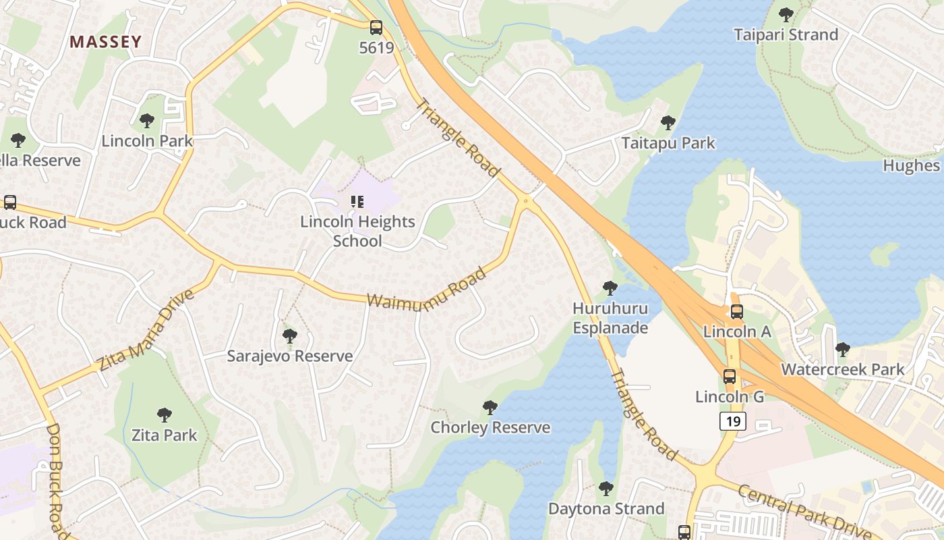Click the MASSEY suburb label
106,42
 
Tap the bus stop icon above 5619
376,28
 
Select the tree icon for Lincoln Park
146,122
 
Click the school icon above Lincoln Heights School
357,201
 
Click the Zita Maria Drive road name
146,330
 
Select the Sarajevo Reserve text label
289,356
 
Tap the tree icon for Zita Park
164,415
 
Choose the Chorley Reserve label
490,427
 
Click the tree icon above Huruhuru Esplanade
610,288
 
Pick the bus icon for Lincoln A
737,312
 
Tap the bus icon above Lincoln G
730,377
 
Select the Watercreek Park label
842,369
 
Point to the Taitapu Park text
668,143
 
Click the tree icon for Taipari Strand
786,14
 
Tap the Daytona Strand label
606,508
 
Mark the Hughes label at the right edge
912,165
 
